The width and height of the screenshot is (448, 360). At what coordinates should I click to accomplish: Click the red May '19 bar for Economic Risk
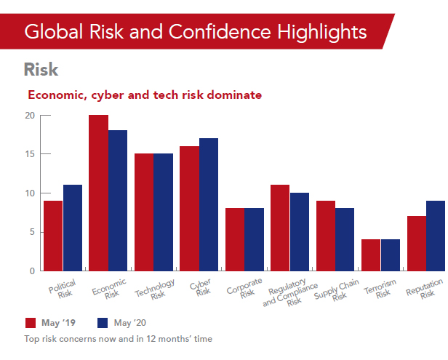point(98,193)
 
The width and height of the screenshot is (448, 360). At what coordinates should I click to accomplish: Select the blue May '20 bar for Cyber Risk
point(208,204)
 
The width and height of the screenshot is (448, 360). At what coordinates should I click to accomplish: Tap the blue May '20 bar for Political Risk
point(73,228)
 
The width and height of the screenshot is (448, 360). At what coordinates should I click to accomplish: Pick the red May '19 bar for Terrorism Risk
point(370,255)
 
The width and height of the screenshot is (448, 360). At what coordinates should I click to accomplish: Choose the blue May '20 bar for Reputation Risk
point(435,236)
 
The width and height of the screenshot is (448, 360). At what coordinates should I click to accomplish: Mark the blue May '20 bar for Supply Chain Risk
point(344,239)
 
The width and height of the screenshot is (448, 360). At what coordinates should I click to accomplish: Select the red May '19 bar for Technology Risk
point(143,212)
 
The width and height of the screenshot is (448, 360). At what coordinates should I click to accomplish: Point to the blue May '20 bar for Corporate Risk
point(254,239)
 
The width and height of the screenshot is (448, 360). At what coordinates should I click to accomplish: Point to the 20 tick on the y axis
point(29,115)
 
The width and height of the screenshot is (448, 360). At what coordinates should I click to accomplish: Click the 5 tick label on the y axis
point(31,232)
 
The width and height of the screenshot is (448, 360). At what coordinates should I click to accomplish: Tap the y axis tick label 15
point(29,154)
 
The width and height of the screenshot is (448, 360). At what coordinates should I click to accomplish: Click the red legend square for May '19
point(31,323)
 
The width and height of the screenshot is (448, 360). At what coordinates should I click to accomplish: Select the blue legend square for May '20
point(103,323)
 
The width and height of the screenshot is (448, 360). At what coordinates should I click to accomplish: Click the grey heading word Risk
point(41,70)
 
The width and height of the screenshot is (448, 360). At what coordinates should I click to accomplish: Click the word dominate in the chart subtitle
point(230,95)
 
